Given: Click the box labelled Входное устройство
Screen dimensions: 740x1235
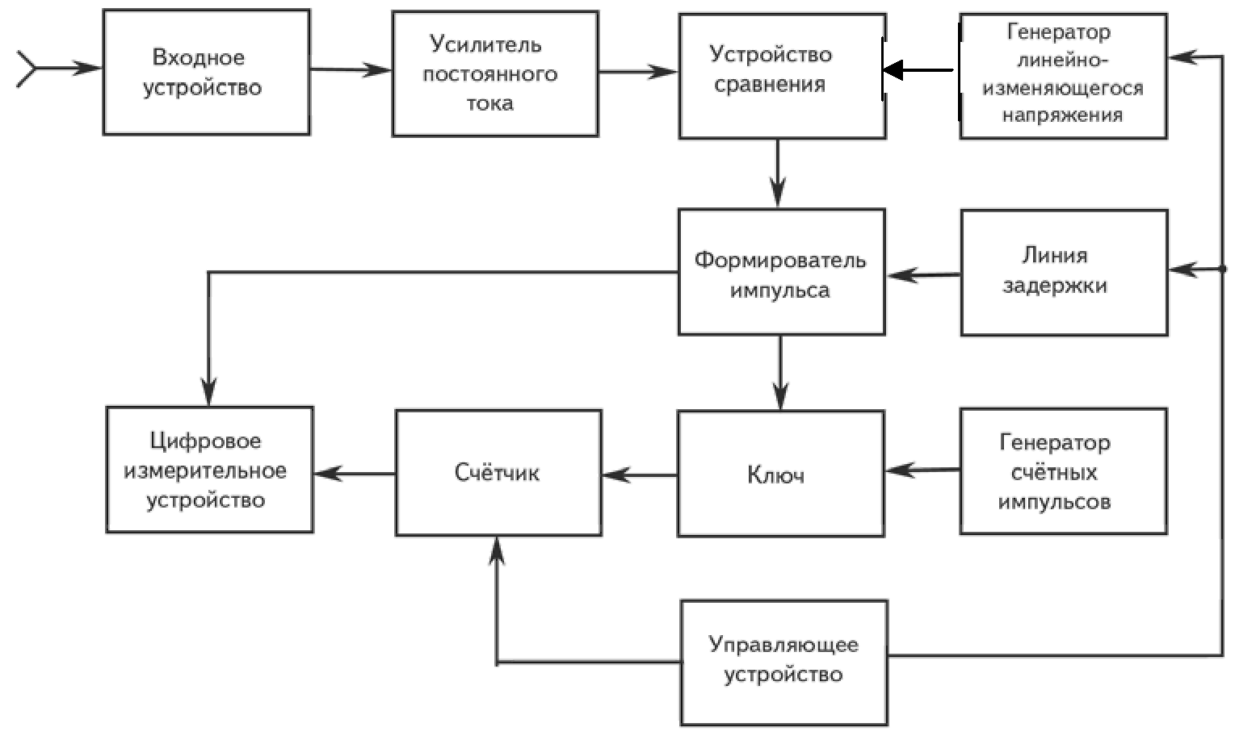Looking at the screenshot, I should point(206,72).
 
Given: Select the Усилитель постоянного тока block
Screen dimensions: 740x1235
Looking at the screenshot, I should point(494,73).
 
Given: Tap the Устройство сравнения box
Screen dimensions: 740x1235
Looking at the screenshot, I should point(781,76).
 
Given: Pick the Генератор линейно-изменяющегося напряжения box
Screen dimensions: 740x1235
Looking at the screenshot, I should point(1062,76).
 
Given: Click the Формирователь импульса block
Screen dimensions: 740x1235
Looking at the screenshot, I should point(781,272).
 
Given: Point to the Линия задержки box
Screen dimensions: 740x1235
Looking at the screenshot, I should point(1063,272).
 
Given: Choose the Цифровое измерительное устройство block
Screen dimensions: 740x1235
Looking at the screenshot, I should point(209,470).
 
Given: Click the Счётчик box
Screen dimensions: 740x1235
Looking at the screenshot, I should point(498,472).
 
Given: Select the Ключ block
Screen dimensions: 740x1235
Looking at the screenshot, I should point(779,474).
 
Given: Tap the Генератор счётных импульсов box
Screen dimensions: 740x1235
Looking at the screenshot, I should point(1062,471).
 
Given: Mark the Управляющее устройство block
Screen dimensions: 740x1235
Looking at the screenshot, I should point(783,662).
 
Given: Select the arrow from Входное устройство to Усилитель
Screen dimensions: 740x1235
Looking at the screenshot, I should point(351,70).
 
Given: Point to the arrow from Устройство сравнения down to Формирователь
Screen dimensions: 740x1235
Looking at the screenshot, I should point(778,174).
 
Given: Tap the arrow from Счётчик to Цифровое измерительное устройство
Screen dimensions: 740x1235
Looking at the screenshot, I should point(354,474).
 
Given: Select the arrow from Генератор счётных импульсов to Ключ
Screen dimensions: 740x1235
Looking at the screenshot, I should point(922,470).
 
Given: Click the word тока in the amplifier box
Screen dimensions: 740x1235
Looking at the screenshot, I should point(489,103).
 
